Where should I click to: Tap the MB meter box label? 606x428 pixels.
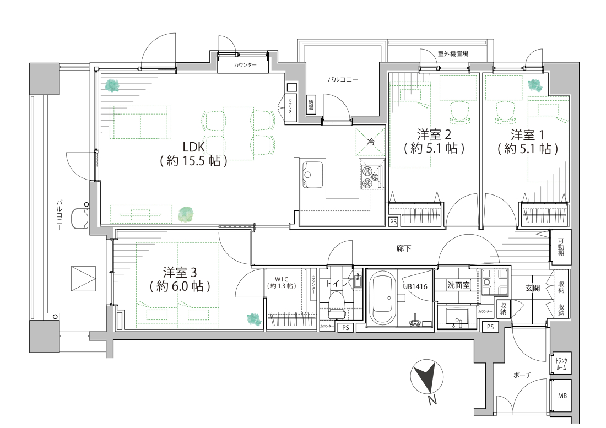tap(562, 396)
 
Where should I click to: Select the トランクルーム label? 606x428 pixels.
tap(561, 364)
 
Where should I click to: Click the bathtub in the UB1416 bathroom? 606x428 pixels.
tap(382, 299)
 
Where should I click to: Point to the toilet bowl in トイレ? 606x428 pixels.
tap(336, 305)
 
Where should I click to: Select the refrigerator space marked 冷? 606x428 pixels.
tap(370, 142)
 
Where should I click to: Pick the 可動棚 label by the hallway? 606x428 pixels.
tap(560, 248)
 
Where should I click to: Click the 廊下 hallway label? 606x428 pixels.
tap(403, 249)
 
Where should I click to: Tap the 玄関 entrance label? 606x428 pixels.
tap(533, 288)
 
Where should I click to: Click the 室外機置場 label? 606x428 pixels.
tap(453, 54)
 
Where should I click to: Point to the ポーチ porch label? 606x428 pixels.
tap(522, 375)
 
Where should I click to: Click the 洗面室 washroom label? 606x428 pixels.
tap(458, 285)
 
